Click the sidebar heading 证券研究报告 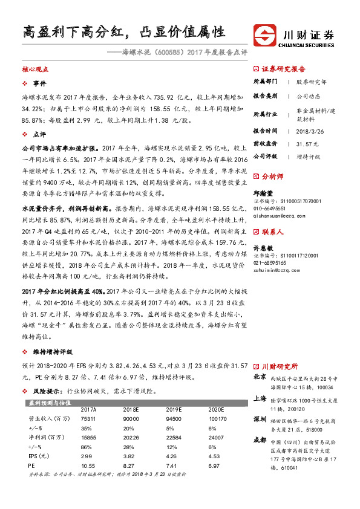pos(283,69)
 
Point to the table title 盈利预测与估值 pos(50,402)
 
